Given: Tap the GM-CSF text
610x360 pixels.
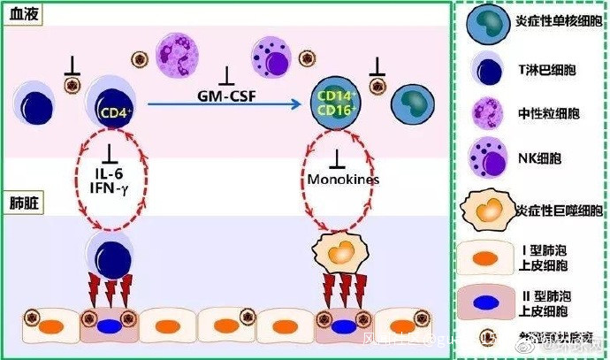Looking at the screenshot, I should click(x=225, y=92).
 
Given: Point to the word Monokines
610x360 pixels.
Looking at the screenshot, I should click(x=342, y=180).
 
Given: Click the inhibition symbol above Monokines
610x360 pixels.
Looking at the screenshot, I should click(x=337, y=159).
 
